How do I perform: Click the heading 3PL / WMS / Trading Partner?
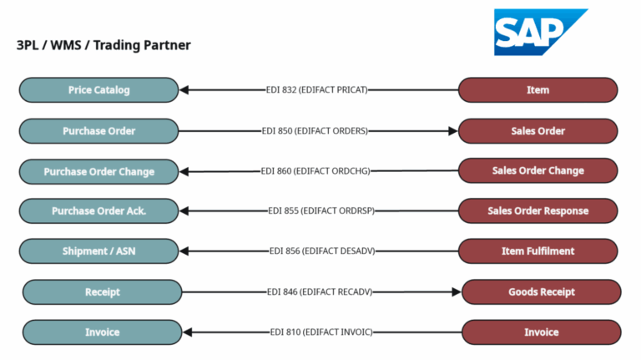[103, 45]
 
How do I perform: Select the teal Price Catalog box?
[98, 90]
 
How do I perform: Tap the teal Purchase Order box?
[98, 131]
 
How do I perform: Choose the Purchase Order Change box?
[98, 171]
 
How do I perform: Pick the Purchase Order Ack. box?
[98, 211]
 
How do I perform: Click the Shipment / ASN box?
[98, 251]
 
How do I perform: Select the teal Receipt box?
[102, 292]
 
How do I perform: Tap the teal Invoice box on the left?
[102, 332]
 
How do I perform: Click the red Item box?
[538, 90]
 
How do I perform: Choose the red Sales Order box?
[538, 131]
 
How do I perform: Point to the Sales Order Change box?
[538, 170]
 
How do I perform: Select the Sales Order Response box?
[538, 211]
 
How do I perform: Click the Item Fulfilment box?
[538, 251]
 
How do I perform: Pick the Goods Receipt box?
[541, 292]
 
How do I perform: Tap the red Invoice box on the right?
[541, 332]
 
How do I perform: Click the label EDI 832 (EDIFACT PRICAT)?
[316, 90]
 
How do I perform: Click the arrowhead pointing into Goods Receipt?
[456, 292]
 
